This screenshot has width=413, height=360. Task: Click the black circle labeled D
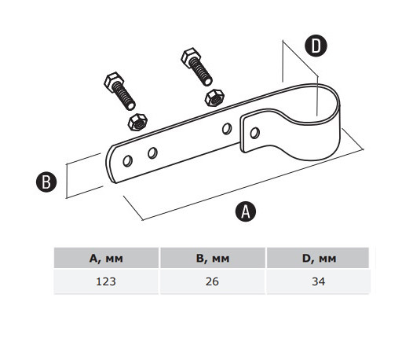[316, 46]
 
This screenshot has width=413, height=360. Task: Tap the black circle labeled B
[46, 182]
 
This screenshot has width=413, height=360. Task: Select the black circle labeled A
[246, 211]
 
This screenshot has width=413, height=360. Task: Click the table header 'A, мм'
[106, 258]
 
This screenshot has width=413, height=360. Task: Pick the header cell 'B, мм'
[213, 258]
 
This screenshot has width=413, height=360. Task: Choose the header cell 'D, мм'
[319, 258]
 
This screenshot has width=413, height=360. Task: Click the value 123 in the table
[106, 281]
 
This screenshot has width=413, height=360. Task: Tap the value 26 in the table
[212, 281]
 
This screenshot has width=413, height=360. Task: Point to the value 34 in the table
[319, 281]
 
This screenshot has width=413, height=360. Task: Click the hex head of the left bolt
[114, 81]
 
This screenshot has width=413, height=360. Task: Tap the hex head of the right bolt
[191, 57]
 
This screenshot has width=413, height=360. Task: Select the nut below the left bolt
[137, 122]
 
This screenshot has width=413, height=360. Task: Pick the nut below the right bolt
[214, 97]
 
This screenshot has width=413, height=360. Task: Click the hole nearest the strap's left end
[128, 161]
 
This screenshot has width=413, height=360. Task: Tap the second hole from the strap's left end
[152, 153]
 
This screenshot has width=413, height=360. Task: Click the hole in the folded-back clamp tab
[254, 133]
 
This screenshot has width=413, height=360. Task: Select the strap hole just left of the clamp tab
[227, 129]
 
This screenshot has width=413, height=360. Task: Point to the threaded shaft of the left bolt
[124, 96]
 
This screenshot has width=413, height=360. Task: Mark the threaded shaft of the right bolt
[201, 72]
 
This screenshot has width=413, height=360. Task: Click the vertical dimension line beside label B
[67, 181]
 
